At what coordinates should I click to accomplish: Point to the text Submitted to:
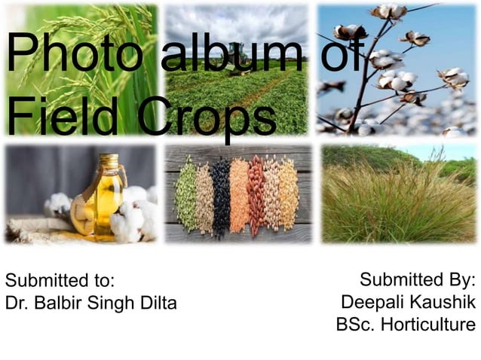point(60,282)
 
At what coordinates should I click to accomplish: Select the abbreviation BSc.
point(354,325)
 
